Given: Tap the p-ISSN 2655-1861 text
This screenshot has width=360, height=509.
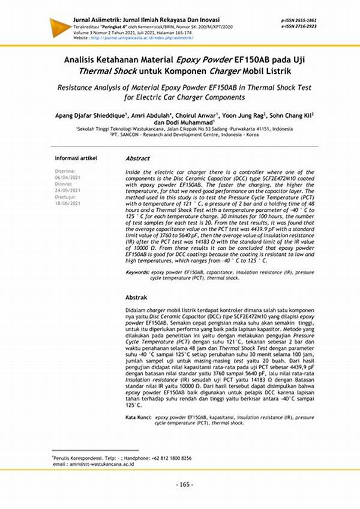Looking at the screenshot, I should tap(299, 20).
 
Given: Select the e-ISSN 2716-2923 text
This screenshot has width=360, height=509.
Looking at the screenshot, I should tap(299, 27).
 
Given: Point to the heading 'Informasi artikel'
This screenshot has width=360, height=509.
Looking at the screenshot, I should tap(76, 158).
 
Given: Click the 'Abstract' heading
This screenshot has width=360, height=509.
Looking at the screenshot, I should tap(137, 158).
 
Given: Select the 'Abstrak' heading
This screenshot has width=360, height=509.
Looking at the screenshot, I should tap(136, 297).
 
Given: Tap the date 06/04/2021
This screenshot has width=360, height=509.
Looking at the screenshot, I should tap(67, 178).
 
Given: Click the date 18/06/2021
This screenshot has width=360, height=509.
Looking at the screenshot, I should tap(67, 203).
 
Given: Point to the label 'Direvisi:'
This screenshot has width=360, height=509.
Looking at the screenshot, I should tap(65, 184).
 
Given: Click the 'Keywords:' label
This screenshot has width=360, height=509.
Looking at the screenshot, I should tap(137, 272).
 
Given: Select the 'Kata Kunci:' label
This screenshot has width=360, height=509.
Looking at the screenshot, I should tap(139, 416).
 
